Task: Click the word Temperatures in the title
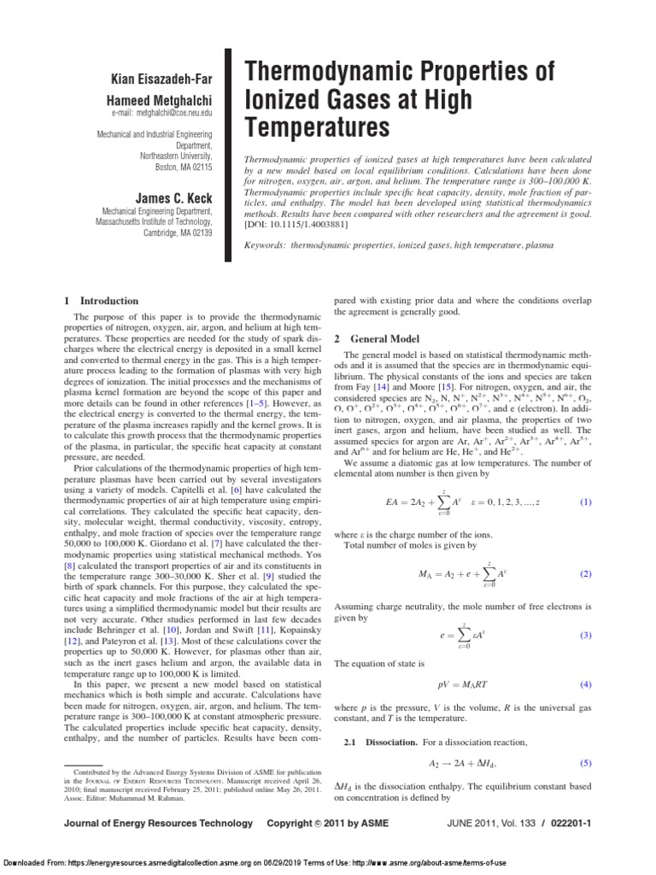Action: click(318, 127)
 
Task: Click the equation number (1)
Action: click(585, 502)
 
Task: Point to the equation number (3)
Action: click(585, 635)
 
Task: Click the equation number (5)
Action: click(585, 762)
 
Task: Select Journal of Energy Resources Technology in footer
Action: click(158, 824)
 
